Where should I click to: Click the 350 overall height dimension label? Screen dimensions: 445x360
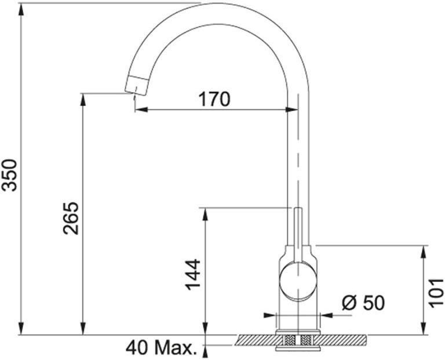(9, 175)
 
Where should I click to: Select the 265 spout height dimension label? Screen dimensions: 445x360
(71, 218)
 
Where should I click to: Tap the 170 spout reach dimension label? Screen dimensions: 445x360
(214, 99)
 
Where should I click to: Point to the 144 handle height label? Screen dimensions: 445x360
(193, 274)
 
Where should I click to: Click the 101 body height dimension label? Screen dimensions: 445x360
(436, 293)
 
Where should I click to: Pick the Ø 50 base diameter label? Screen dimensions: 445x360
(363, 303)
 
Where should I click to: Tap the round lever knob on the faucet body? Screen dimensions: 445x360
(297, 281)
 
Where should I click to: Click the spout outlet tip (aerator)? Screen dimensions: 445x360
(137, 85)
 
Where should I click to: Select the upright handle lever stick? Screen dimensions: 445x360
(297, 236)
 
